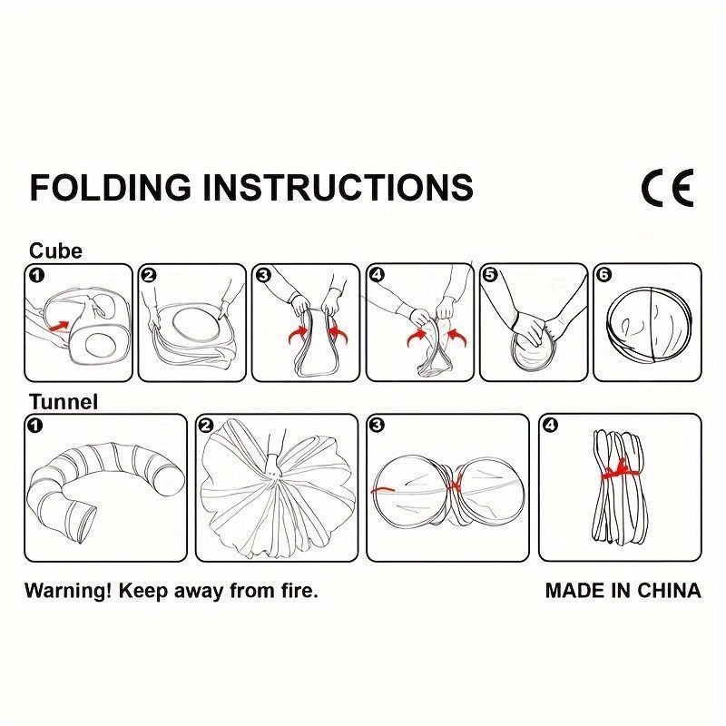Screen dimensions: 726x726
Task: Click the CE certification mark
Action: point(667,188)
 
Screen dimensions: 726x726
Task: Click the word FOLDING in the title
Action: point(110,187)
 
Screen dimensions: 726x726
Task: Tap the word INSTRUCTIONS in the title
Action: point(338,187)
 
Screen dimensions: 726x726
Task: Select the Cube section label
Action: point(55,251)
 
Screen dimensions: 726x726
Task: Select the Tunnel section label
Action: point(64,401)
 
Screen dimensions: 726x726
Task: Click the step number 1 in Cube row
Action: point(36,276)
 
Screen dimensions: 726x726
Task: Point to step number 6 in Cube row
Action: point(604,275)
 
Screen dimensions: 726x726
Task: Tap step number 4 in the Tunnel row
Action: point(551,425)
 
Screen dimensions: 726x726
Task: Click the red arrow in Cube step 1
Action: point(59,325)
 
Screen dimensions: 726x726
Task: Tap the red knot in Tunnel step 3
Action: point(455,485)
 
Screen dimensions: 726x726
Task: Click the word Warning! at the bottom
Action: point(68,591)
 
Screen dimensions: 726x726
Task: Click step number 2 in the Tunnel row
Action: point(207,426)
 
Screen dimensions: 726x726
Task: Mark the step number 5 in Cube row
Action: point(490,275)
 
